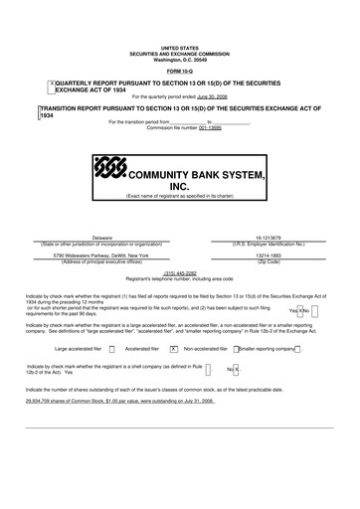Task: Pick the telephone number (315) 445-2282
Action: click(179, 272)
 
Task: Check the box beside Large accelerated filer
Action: click(112, 349)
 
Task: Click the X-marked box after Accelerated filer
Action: click(173, 349)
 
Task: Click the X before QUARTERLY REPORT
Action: click(51, 84)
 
